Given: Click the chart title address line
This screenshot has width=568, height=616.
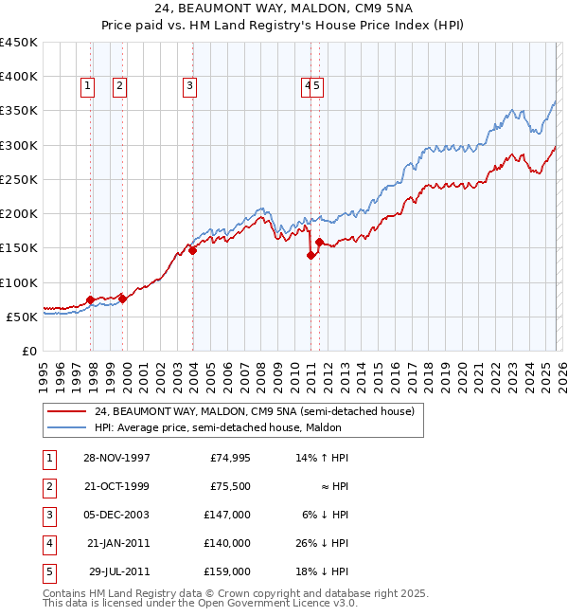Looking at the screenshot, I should click(283, 8).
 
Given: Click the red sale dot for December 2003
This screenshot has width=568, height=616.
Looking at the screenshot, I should click(192, 251).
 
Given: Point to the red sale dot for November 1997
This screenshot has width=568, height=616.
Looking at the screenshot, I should click(91, 299).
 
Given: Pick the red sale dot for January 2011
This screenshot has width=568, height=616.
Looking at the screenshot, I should click(311, 255).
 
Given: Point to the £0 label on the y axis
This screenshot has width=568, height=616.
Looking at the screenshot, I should click(29, 351).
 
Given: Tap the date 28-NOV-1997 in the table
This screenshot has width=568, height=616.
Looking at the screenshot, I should click(116, 458).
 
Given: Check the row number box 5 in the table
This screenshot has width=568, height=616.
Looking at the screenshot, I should click(48, 571).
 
